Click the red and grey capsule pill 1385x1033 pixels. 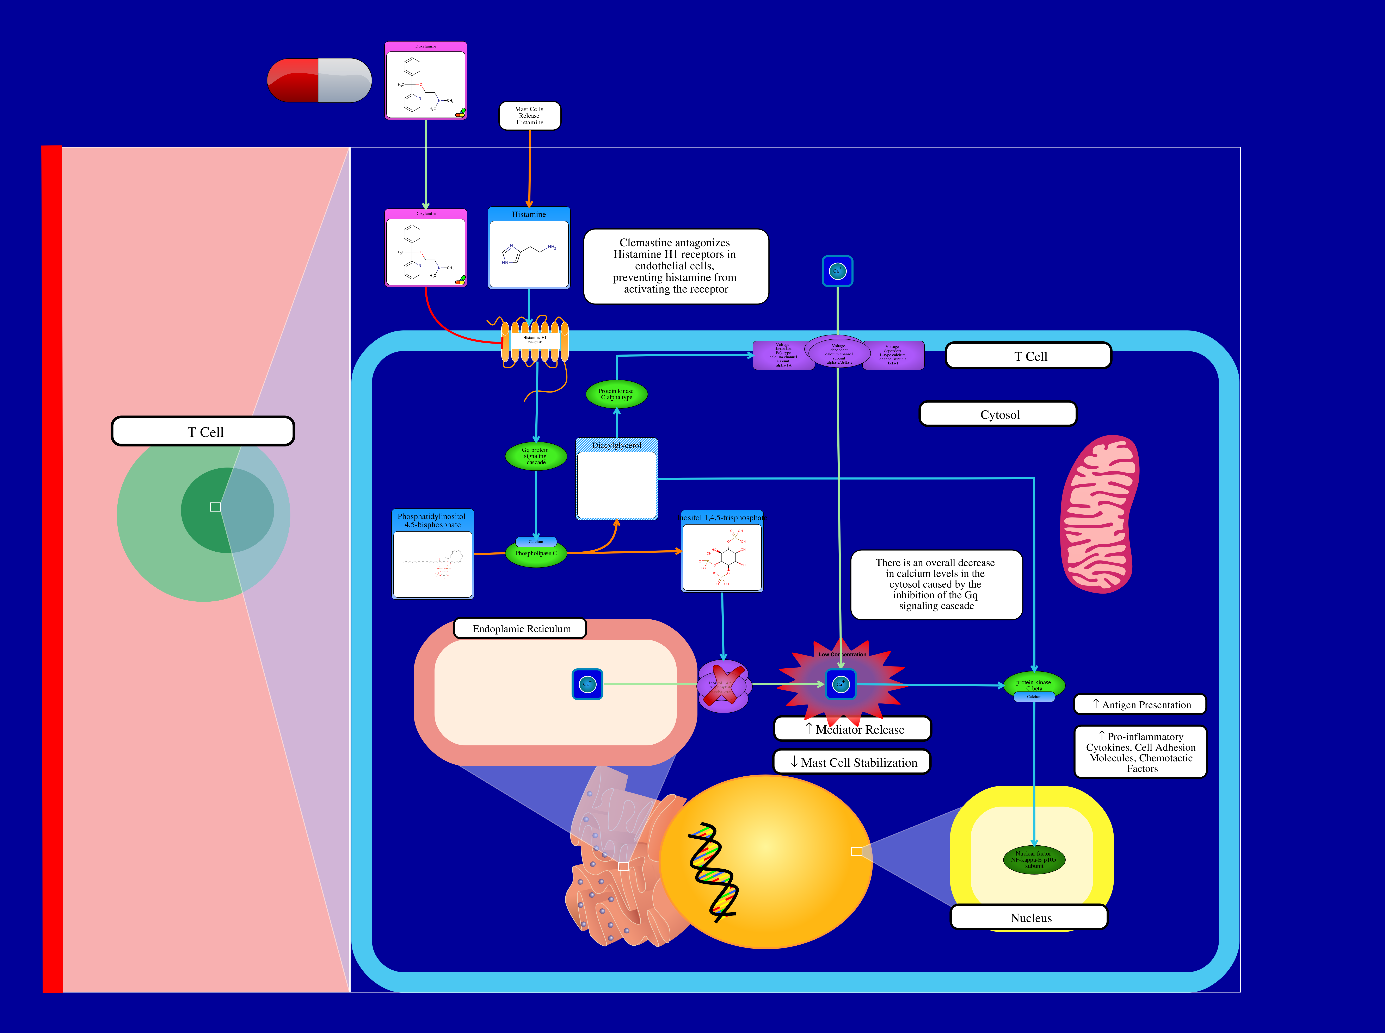[319, 80]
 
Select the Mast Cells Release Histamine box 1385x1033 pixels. [529, 116]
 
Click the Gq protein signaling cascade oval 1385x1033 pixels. [535, 456]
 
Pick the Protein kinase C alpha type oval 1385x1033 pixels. [616, 394]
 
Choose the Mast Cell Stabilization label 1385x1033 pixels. [853, 762]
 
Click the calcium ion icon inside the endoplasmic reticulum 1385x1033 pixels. [587, 684]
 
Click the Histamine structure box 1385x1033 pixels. [529, 248]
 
